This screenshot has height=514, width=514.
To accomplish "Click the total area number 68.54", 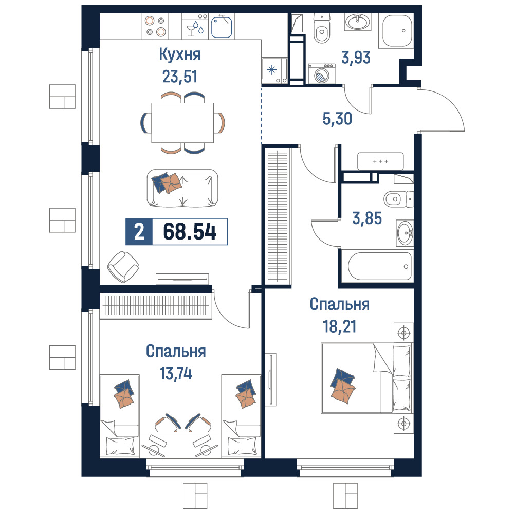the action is (190, 231).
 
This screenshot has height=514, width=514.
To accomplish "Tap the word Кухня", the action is (179, 55).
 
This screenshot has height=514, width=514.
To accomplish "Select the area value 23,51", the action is (180, 77).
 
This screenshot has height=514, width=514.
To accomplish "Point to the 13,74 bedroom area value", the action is (176, 373).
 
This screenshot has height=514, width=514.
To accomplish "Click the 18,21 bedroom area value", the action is (340, 326).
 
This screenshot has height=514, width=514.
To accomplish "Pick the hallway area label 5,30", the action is (337, 119).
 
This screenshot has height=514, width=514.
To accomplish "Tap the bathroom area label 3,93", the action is (356, 58).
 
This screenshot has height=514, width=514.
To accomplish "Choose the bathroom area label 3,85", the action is (367, 218).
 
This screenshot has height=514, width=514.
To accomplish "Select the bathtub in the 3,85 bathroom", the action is (380, 266).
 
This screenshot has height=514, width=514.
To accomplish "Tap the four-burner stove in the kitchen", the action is (155, 26).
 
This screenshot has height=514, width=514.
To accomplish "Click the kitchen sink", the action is (222, 27).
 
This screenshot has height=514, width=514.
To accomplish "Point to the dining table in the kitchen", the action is (182, 123).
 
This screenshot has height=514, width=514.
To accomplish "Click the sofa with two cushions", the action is (182, 188).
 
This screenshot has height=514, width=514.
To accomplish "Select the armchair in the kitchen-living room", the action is (123, 267).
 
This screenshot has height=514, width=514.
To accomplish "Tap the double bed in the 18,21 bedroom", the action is (366, 378).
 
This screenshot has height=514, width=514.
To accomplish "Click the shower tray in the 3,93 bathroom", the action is (396, 31).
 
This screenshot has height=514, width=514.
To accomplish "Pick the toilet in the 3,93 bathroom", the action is (322, 28).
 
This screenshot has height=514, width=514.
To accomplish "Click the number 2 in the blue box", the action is (139, 231).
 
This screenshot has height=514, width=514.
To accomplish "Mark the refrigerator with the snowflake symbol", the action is (274, 70).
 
